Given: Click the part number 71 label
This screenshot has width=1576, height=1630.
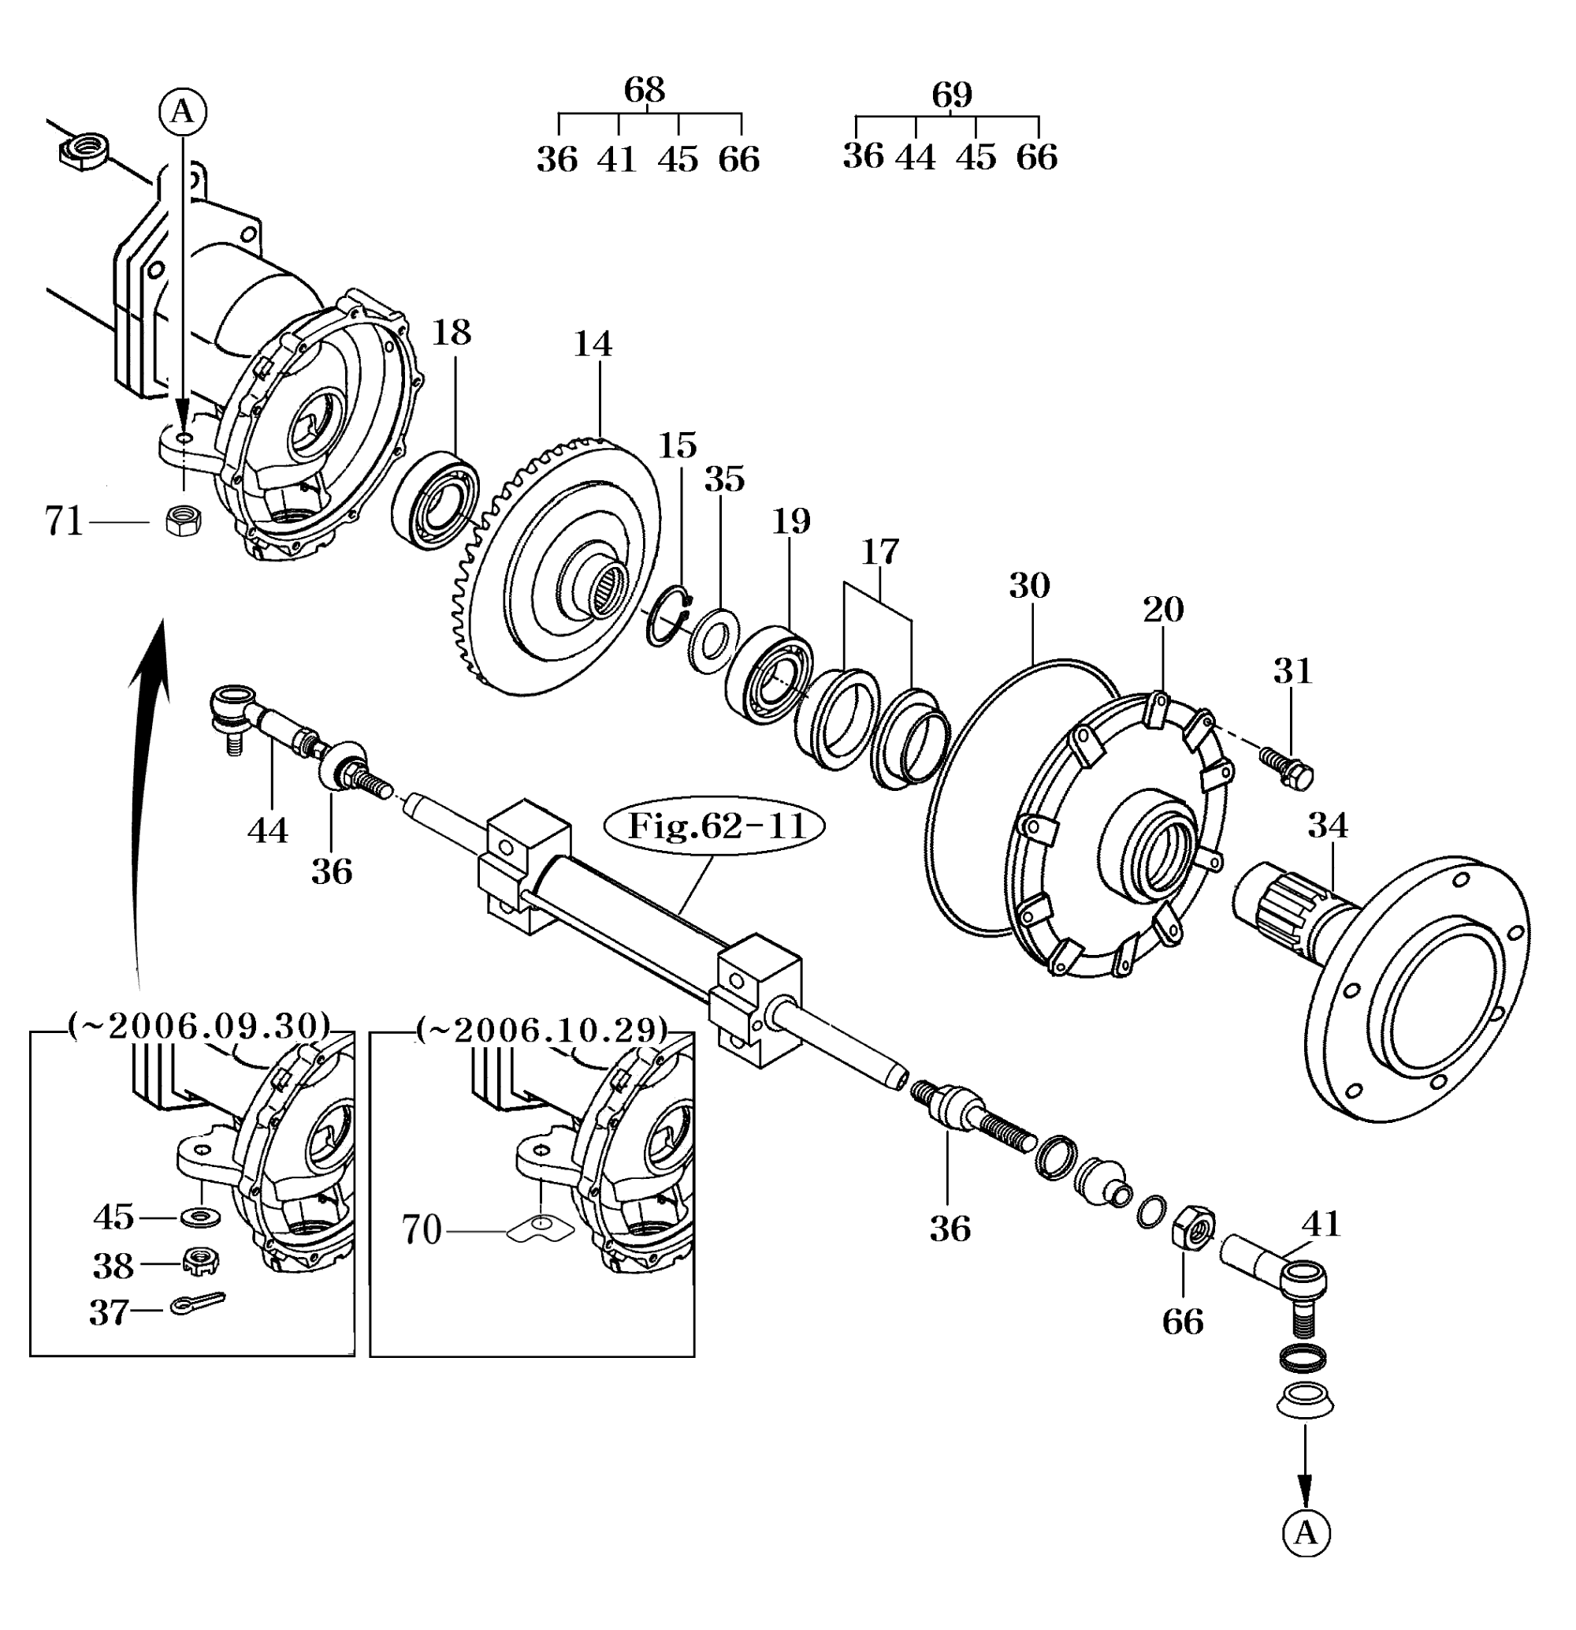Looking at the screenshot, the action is coord(64,521).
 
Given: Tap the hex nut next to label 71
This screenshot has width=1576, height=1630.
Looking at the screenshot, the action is coord(183,521).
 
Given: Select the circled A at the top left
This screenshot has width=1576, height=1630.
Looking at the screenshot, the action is coord(183,111).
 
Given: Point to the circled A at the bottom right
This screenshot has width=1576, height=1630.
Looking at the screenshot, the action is coord(1306,1532).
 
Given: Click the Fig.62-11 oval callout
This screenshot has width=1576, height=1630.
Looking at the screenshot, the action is coord(716,826).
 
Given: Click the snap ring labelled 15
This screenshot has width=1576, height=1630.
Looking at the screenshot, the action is coord(670,615).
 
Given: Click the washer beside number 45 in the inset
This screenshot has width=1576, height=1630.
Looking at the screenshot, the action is coord(200,1217).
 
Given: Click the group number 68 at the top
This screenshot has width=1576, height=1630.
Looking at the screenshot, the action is coord(645,89).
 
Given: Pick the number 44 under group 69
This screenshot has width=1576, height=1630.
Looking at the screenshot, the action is coord(915,156).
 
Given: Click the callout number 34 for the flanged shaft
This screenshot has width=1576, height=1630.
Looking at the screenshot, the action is coord(1328,825).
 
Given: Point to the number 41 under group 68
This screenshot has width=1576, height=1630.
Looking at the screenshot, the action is coord(617,159).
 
